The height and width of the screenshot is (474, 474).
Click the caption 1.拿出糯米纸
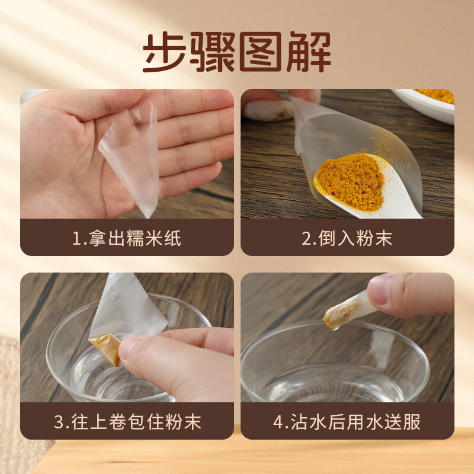tap(127, 238)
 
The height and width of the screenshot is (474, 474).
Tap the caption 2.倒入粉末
tap(347, 238)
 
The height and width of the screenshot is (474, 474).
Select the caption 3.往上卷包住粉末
tap(127, 422)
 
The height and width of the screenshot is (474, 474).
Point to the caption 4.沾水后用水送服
tap(347, 422)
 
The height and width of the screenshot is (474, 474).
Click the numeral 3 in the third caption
tap(58, 422)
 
